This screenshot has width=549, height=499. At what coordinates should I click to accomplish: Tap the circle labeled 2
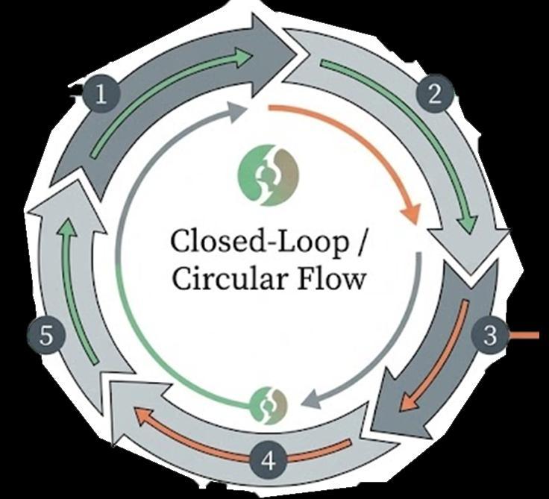[x=440, y=94]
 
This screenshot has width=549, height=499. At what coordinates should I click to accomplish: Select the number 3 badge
[x=489, y=335]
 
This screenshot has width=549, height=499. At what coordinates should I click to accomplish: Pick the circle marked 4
[x=269, y=461]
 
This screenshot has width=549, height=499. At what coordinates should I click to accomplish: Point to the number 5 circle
[x=46, y=336]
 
